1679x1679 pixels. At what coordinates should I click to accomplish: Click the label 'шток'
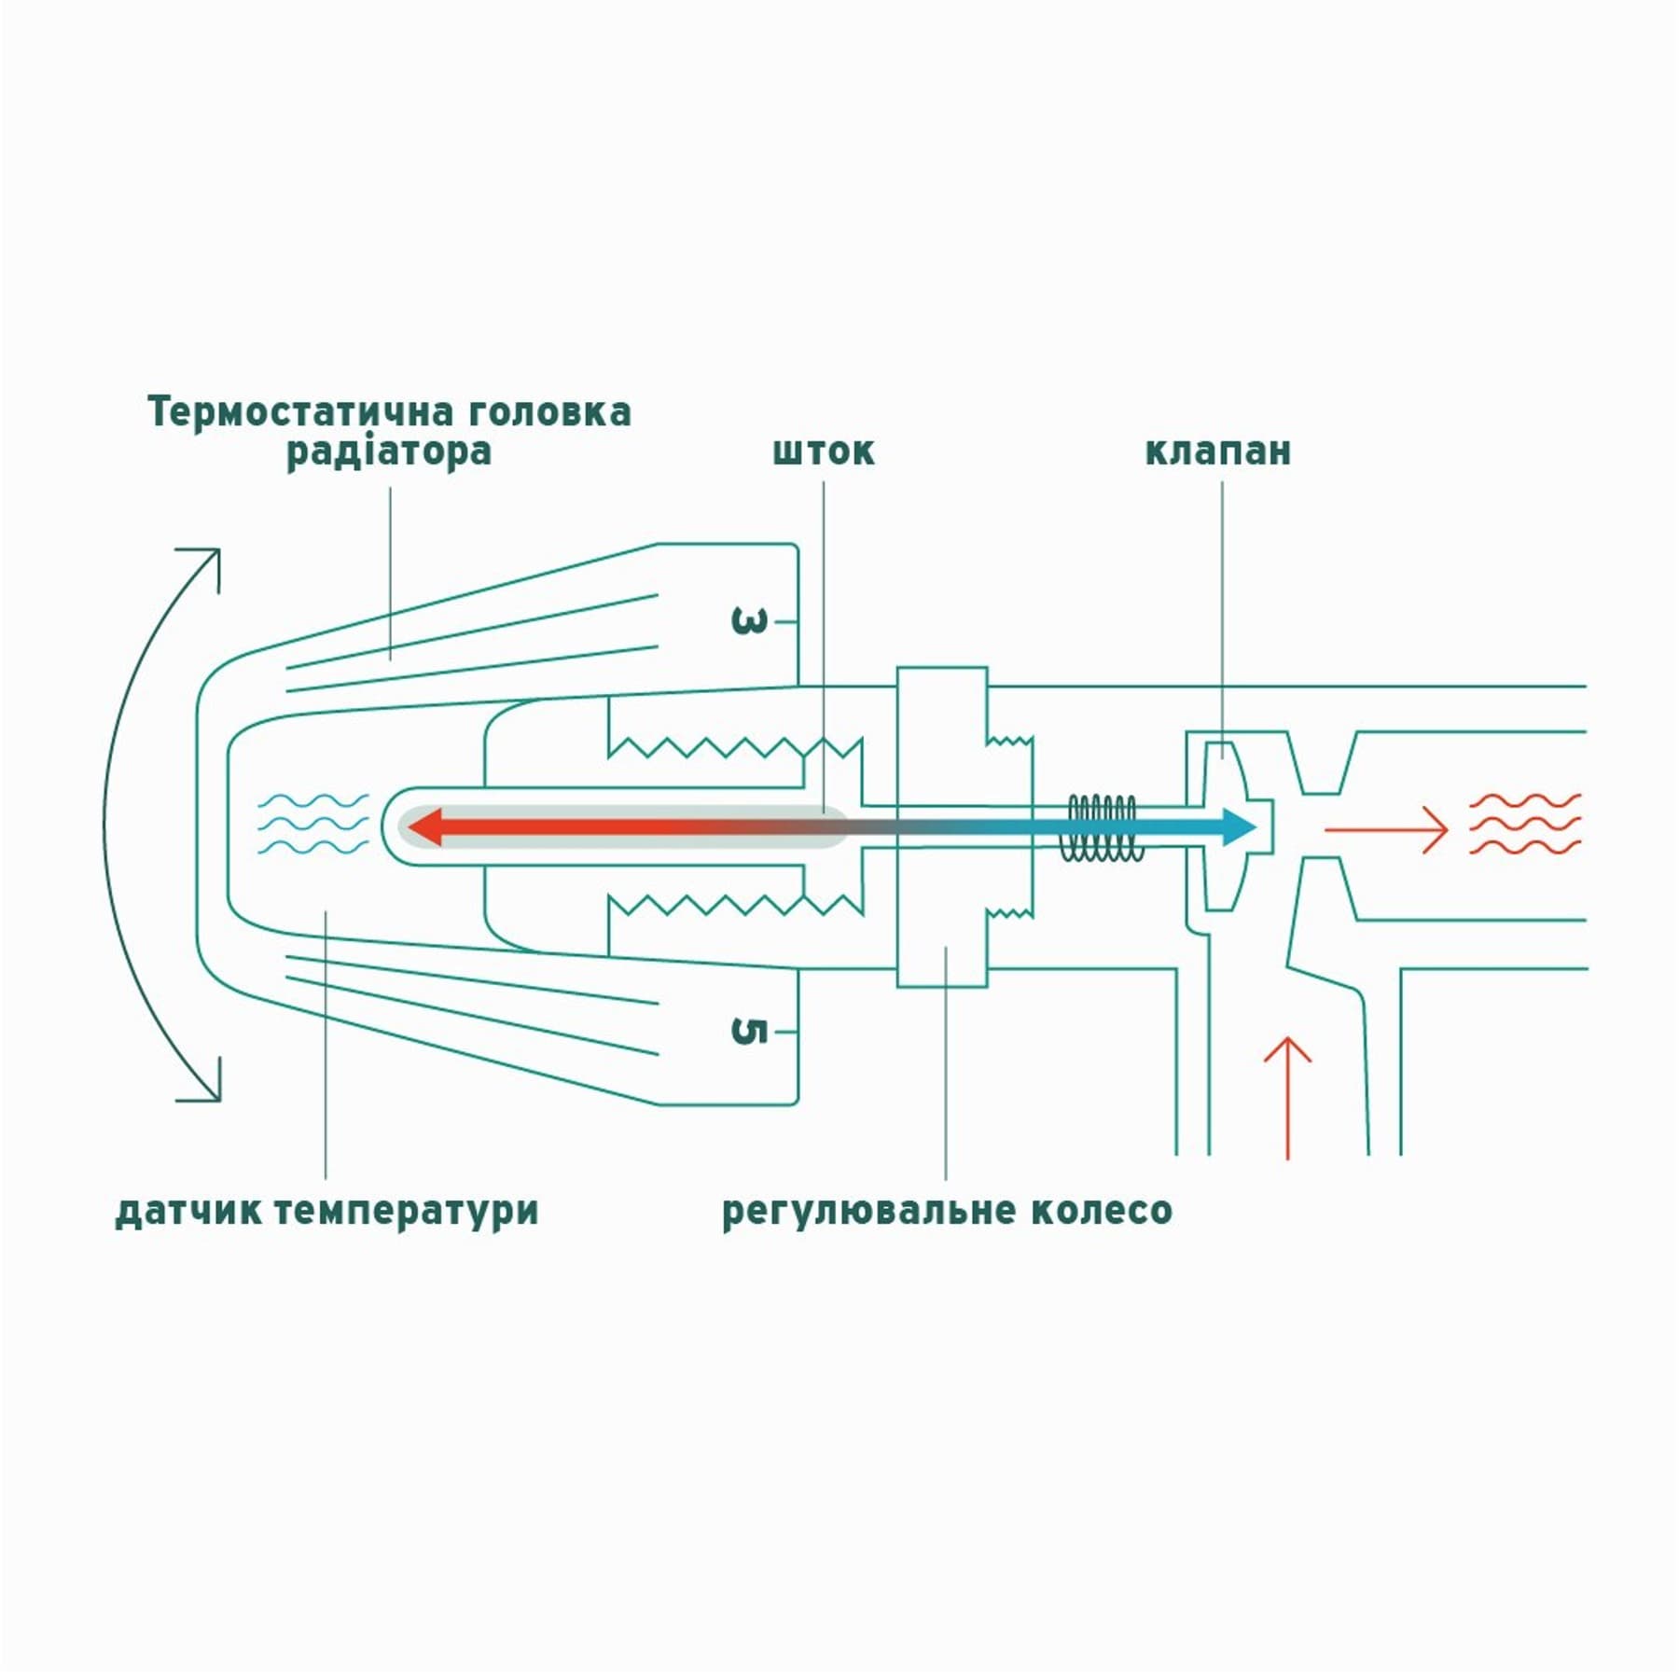pyautogui.click(x=824, y=451)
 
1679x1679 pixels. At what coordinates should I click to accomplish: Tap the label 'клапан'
pyautogui.click(x=1218, y=451)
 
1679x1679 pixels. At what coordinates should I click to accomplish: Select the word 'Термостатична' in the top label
pyautogui.click(x=301, y=411)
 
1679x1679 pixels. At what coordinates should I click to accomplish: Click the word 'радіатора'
pyautogui.click(x=388, y=452)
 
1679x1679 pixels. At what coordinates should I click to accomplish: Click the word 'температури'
pyautogui.click(x=408, y=1212)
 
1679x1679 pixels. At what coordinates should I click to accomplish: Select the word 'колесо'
pyautogui.click(x=1102, y=1211)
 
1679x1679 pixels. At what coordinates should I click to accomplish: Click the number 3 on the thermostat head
pyautogui.click(x=749, y=621)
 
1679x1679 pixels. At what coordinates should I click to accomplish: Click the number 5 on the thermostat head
pyautogui.click(x=749, y=1032)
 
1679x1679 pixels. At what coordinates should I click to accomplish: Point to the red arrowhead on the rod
pyautogui.click(x=423, y=827)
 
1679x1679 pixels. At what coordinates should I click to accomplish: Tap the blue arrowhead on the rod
pyautogui.click(x=1239, y=827)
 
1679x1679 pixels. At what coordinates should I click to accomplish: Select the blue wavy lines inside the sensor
pyautogui.click(x=312, y=825)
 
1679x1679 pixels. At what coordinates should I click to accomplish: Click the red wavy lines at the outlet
pyautogui.click(x=1525, y=825)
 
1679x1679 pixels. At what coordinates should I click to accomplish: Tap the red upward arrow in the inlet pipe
pyautogui.click(x=1288, y=1098)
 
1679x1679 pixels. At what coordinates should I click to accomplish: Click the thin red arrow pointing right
pyautogui.click(x=1386, y=828)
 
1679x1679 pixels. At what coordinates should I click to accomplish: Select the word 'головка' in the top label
pyautogui.click(x=549, y=411)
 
